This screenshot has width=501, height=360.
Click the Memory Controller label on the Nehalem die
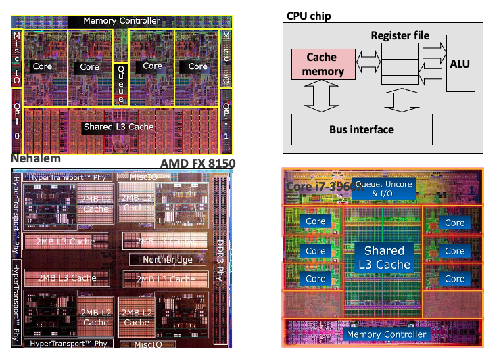tap(122, 21)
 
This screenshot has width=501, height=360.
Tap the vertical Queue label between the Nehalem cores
tap(121, 84)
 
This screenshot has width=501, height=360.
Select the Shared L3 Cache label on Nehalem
tap(118, 127)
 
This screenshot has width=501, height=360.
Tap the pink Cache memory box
tap(323, 64)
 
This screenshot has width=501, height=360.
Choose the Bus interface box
tap(361, 129)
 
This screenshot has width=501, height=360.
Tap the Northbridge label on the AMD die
tap(168, 260)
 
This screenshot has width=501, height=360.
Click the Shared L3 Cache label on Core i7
tap(384, 257)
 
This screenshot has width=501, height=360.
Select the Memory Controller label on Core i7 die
tap(386, 334)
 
